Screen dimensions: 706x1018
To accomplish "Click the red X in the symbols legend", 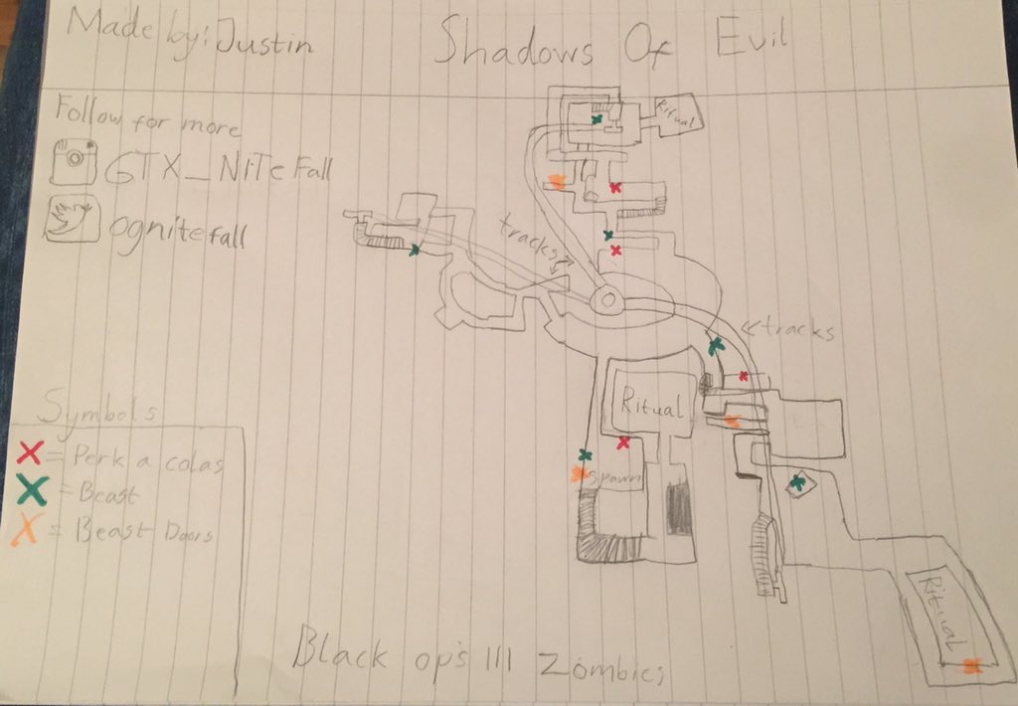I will (x=31, y=453).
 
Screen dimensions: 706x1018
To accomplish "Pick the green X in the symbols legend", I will (x=34, y=490).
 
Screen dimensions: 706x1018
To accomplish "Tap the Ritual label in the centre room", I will (x=651, y=406).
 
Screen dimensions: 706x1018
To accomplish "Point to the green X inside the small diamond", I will (x=797, y=483).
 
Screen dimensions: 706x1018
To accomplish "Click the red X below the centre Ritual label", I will (x=623, y=442).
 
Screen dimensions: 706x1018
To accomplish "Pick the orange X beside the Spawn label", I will (x=577, y=475).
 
